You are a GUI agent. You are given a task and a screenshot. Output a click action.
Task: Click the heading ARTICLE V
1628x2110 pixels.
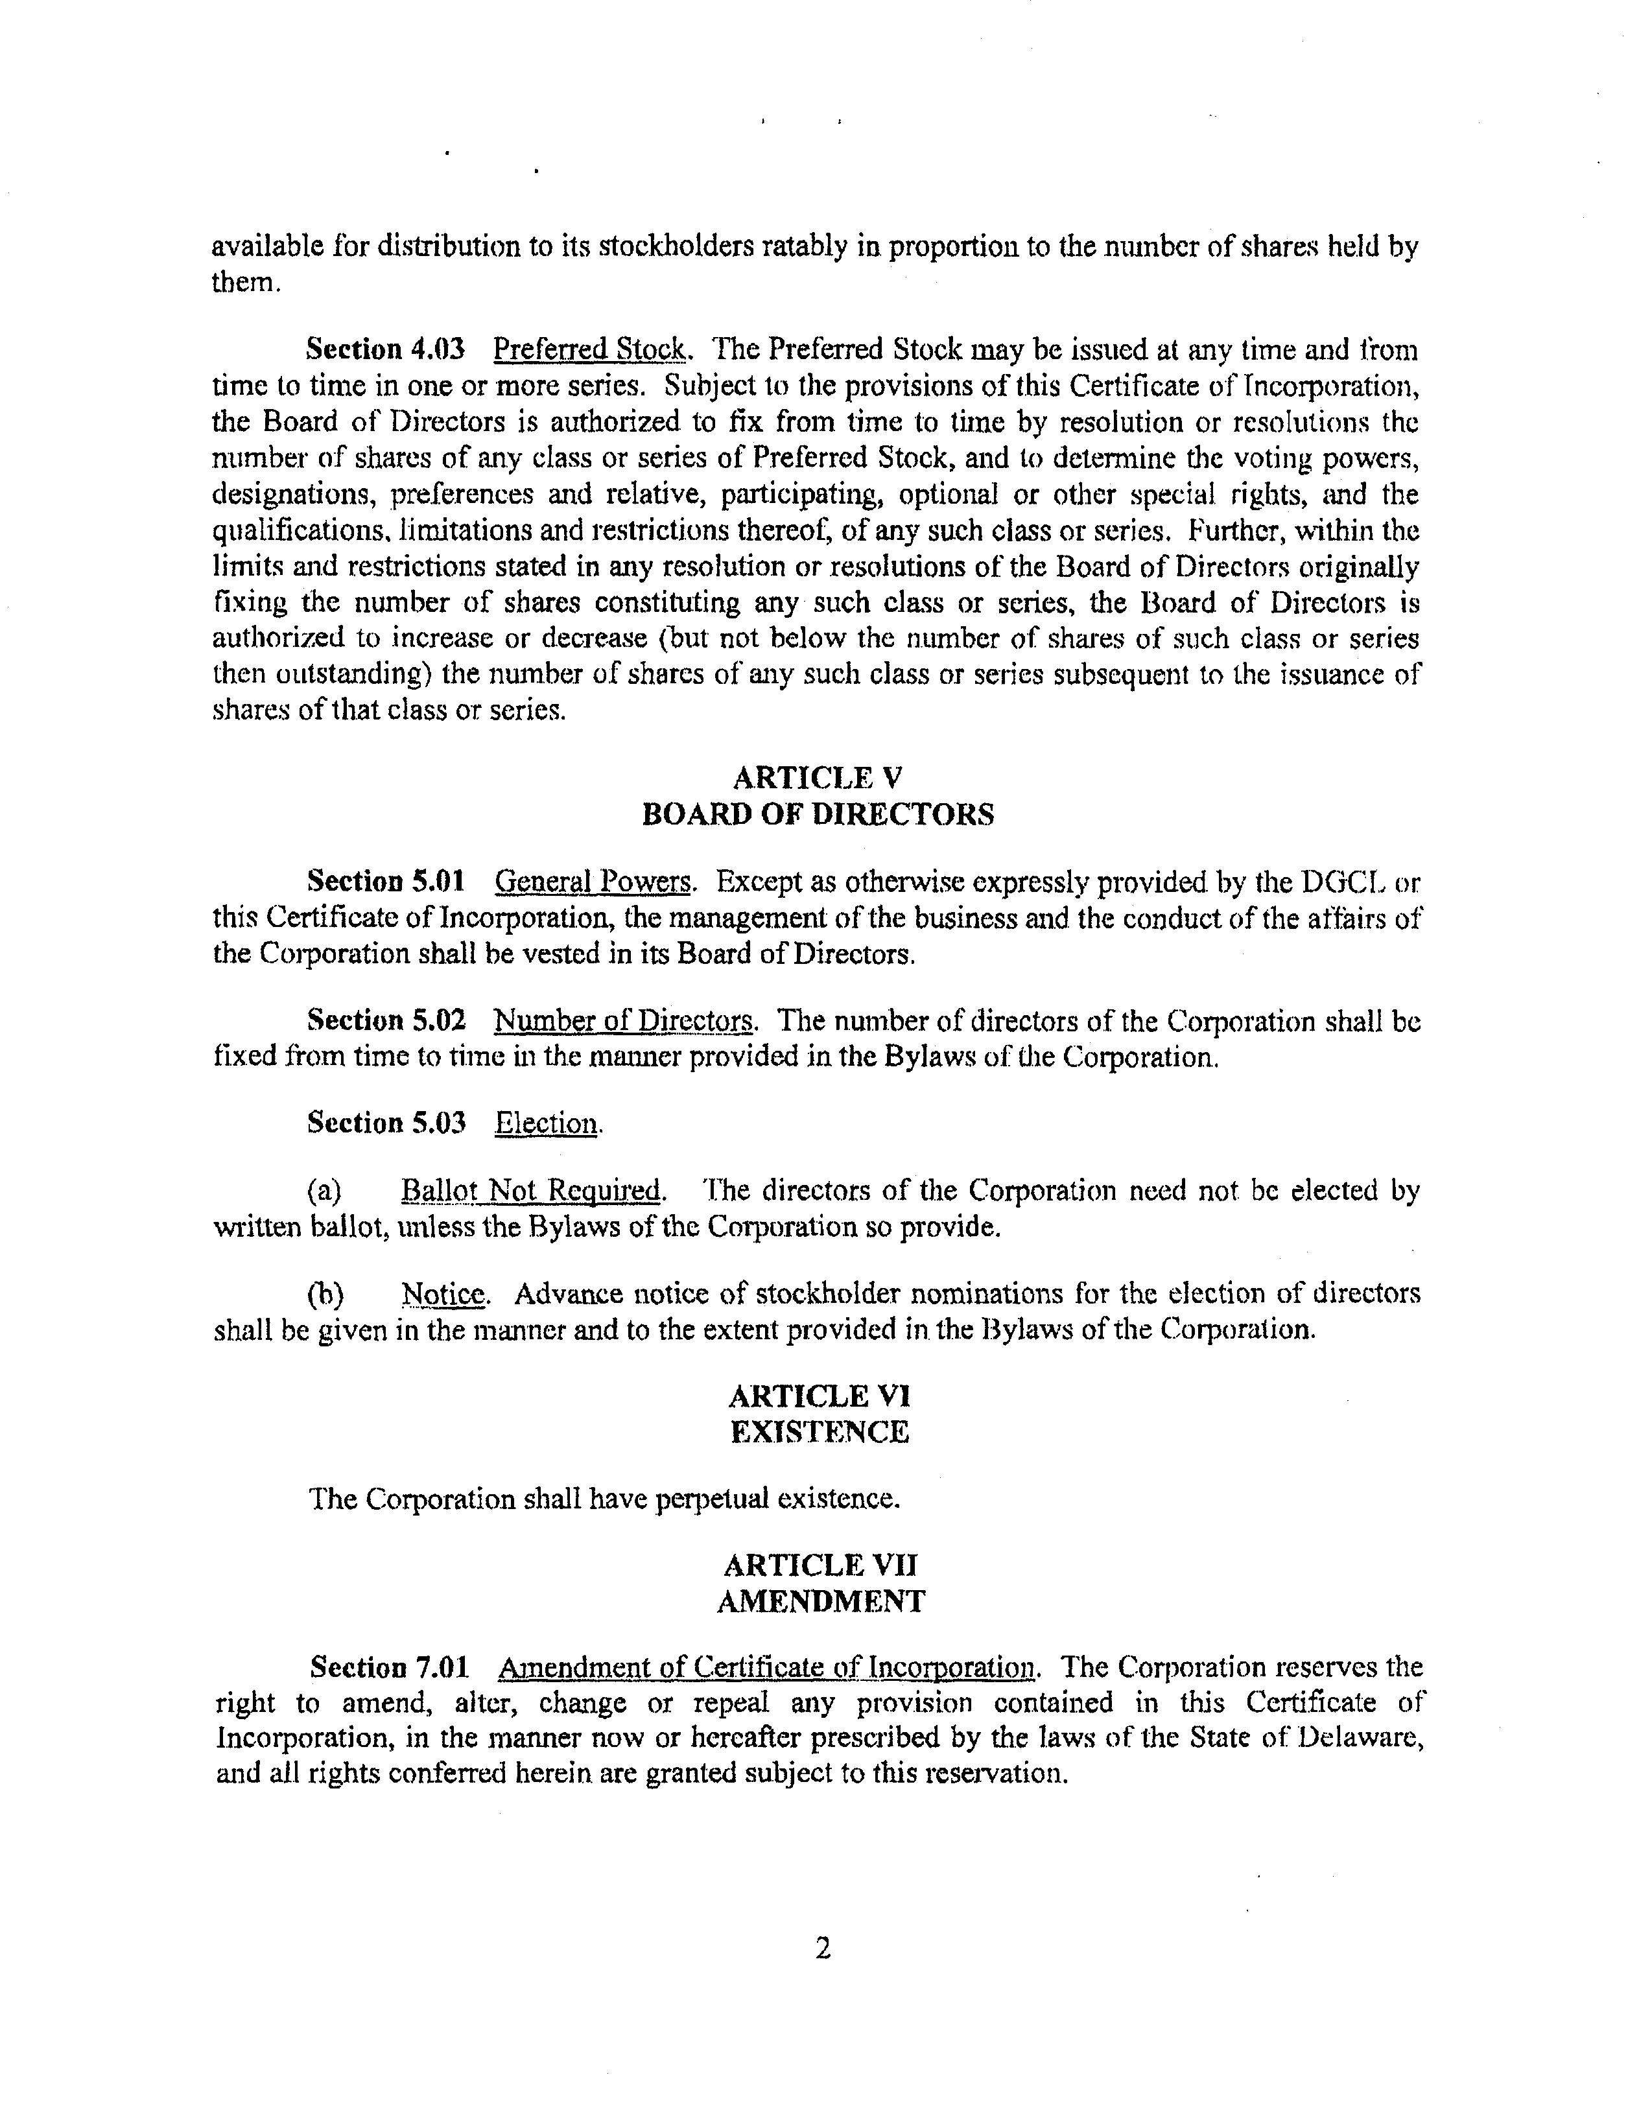tap(818, 778)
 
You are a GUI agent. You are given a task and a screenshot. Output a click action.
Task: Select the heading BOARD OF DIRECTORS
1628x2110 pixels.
tap(818, 814)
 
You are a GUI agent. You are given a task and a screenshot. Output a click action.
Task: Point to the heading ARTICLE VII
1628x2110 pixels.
tap(820, 1565)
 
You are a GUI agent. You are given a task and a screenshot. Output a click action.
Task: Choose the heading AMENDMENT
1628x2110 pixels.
tap(820, 1602)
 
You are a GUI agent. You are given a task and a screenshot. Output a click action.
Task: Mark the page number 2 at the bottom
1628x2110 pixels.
tap(822, 1949)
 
